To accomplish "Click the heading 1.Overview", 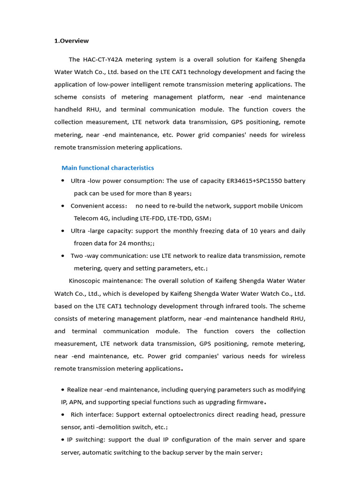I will (71, 41).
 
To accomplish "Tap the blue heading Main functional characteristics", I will (107, 168).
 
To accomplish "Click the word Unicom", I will (291, 206).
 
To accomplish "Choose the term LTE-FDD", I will (152, 218).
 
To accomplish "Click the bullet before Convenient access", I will (63, 206).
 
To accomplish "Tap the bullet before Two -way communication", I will (63, 256).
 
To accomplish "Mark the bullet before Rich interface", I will (63, 415).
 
